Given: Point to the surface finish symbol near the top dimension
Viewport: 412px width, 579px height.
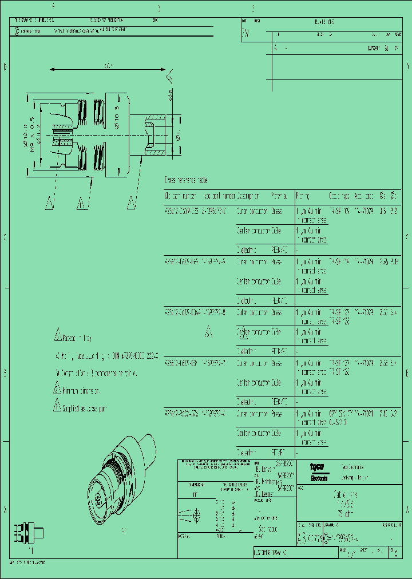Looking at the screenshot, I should pyautogui.click(x=169, y=78).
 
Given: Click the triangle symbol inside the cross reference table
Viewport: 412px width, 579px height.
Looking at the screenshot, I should pyautogui.click(x=209, y=330).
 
